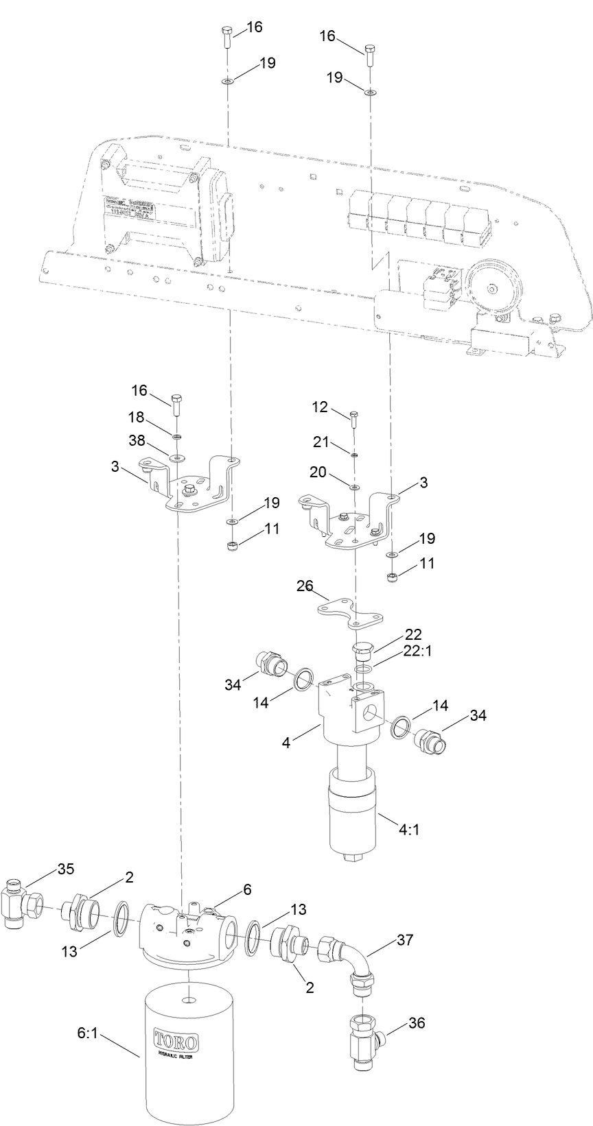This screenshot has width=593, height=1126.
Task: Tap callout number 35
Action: [66, 869]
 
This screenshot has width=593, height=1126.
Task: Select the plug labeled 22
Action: [362, 649]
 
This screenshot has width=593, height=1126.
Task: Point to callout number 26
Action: [305, 586]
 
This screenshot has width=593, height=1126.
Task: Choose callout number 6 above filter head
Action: [246, 889]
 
